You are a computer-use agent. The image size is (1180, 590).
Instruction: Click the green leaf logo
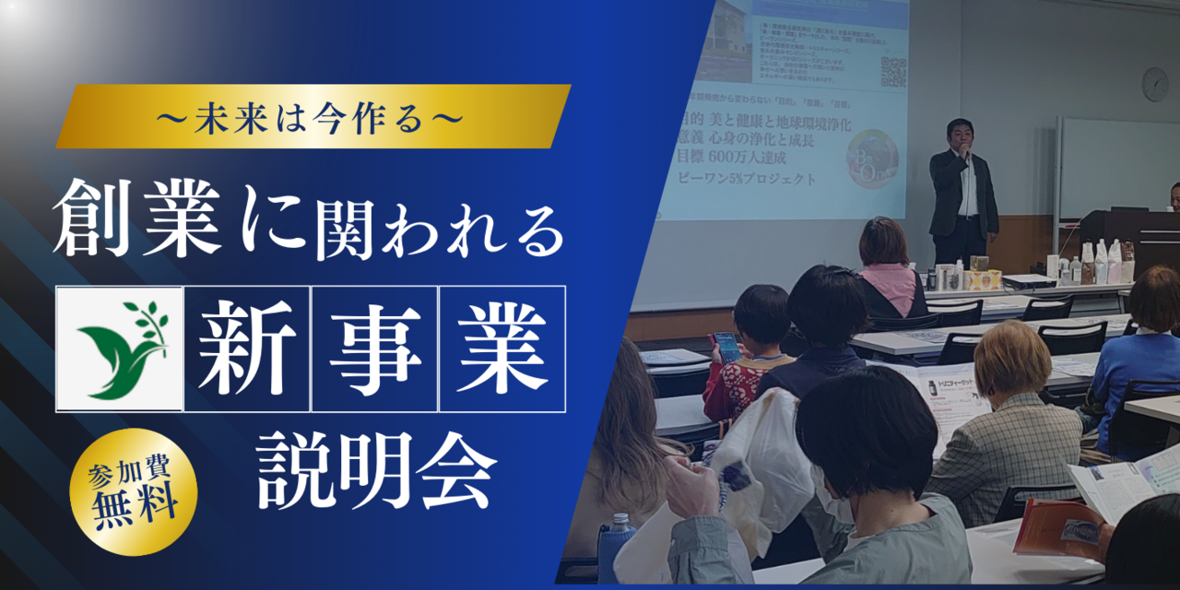121,348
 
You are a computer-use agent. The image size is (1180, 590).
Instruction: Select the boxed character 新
247,348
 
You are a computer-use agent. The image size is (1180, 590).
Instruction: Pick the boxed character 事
375,348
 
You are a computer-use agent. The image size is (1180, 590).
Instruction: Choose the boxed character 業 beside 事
502,348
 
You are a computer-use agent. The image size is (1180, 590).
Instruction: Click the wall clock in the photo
1155,84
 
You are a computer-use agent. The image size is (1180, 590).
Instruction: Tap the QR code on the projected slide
893,71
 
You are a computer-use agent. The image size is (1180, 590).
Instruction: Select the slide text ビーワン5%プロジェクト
747,179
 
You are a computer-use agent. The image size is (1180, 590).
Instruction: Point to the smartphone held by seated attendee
726,346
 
